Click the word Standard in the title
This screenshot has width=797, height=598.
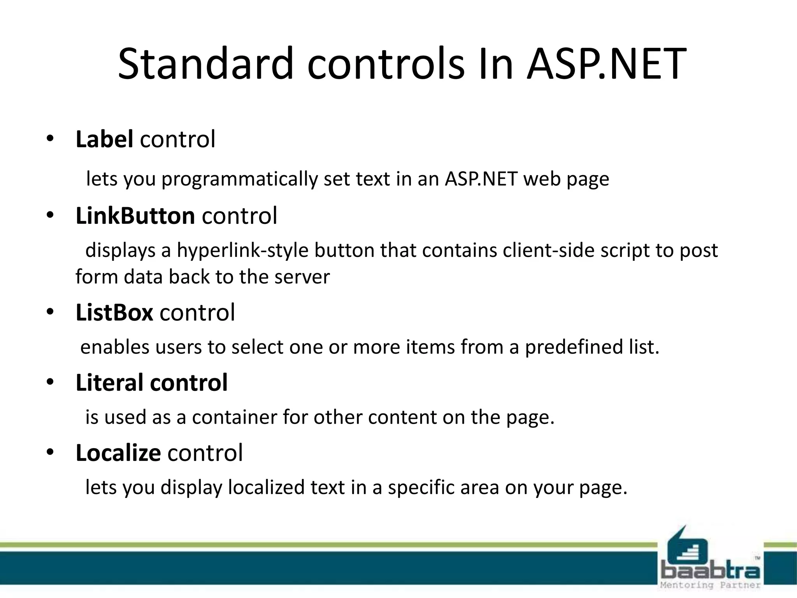coord(205,63)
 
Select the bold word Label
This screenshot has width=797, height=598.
coord(104,139)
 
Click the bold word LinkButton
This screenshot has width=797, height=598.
coord(135,216)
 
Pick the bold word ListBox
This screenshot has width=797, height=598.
coord(114,312)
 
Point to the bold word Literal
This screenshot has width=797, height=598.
coord(109,382)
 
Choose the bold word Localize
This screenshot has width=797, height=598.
coord(118,453)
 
